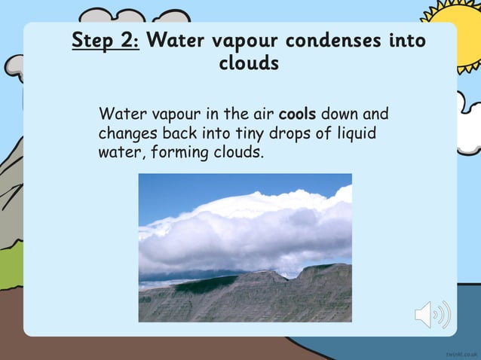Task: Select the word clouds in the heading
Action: (x=249, y=63)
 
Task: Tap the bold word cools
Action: (x=298, y=115)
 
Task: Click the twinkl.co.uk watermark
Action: (x=461, y=352)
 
